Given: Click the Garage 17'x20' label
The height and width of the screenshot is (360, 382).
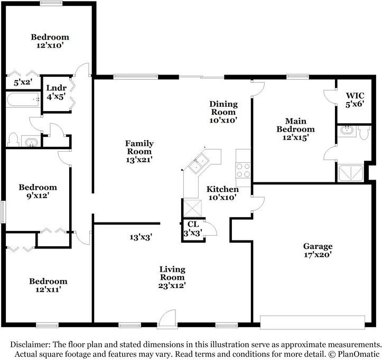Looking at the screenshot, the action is (318, 251).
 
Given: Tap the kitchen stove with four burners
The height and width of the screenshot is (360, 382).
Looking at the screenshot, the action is (243, 170).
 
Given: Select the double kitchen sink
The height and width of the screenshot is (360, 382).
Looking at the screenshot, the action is (199, 163).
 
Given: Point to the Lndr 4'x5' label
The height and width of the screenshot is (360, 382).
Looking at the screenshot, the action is (57, 93).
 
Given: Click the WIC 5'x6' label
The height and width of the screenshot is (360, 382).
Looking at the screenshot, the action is (355, 100).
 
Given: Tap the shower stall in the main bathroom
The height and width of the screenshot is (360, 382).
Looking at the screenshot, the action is (351, 173).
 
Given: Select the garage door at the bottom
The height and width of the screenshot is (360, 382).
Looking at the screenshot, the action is (313, 322).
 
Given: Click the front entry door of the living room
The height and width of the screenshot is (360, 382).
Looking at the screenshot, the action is (166, 319).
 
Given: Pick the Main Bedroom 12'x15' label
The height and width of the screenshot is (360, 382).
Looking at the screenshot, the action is (295, 129).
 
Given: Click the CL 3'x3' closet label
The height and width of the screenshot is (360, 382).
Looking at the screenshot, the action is (193, 228).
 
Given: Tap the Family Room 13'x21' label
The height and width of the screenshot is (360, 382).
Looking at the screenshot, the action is (139, 151).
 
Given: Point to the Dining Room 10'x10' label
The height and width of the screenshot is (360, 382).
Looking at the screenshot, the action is (223, 112).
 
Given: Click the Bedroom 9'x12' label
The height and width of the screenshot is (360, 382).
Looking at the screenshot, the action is (38, 191).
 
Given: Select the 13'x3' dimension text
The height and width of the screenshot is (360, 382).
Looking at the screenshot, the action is (141, 237).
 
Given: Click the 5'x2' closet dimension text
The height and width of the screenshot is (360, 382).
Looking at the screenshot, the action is (23, 82).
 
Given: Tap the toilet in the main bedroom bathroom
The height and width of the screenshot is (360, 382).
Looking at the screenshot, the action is (364, 133).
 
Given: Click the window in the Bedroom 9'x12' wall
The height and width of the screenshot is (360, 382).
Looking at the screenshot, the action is (3, 211).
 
